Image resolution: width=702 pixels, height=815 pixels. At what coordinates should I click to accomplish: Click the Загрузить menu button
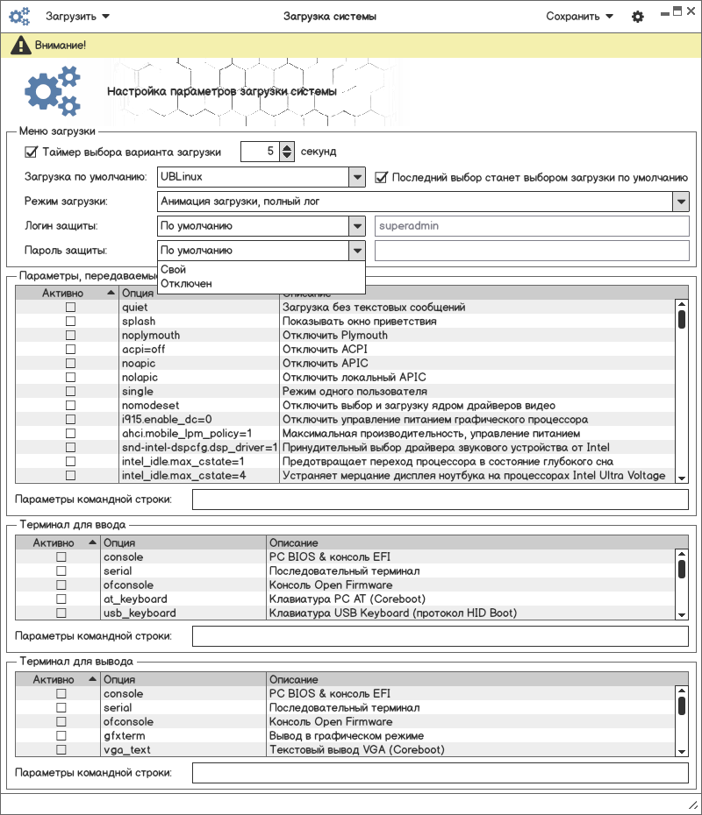(76, 17)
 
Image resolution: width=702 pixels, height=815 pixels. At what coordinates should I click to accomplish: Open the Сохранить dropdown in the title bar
(579, 17)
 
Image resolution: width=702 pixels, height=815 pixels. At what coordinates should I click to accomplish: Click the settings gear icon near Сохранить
(638, 17)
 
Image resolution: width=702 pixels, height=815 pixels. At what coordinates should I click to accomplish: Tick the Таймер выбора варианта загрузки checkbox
(32, 152)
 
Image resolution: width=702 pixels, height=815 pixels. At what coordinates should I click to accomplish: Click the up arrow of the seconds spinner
(286, 147)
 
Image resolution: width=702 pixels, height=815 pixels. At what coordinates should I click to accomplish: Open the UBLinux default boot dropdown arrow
(356, 177)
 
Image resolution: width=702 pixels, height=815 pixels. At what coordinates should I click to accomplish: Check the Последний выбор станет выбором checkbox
(382, 177)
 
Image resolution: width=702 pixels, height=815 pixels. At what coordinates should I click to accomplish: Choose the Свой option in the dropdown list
(174, 270)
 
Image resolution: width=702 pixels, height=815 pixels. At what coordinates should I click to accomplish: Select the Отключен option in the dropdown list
(187, 284)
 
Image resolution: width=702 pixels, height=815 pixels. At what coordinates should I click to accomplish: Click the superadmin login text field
(531, 226)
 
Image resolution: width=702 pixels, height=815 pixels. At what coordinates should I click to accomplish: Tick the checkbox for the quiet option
(70, 308)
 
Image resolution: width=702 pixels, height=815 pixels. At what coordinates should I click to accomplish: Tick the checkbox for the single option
(70, 392)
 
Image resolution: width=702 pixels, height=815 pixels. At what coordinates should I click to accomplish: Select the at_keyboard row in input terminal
(135, 599)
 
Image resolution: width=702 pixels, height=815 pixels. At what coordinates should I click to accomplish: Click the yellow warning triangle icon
(19, 45)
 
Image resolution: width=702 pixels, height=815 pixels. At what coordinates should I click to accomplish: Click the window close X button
(691, 11)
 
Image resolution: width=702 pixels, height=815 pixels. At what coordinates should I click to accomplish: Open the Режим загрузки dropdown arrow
(681, 202)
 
